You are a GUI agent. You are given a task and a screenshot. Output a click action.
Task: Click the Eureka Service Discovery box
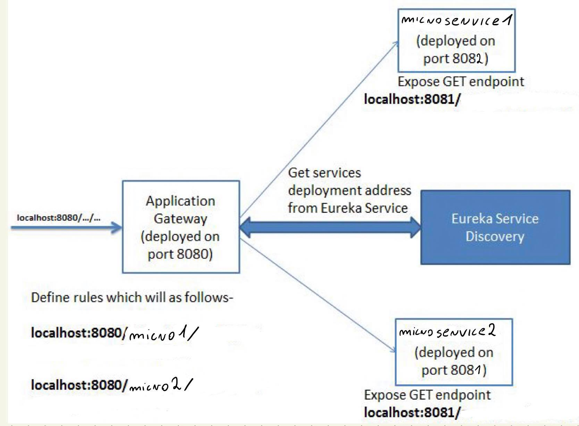[495, 227]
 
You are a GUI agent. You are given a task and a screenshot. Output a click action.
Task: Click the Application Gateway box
[181, 227]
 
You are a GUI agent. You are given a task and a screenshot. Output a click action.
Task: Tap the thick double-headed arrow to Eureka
[330, 228]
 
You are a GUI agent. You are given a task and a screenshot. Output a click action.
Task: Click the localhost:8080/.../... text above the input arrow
[59, 218]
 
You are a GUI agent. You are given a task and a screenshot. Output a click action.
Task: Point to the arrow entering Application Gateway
[66, 228]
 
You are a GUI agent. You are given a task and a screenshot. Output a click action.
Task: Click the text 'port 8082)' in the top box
[455, 58]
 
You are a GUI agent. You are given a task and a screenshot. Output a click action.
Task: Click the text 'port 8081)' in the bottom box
[454, 370]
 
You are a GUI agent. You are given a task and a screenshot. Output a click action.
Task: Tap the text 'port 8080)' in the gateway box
[180, 254]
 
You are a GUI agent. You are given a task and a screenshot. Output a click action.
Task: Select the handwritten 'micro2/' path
[160, 386]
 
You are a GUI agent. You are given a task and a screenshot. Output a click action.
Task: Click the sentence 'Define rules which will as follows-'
[132, 298]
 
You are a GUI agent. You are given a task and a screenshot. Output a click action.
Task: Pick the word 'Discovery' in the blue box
[495, 236]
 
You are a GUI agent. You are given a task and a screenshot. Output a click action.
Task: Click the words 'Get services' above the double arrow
[325, 173]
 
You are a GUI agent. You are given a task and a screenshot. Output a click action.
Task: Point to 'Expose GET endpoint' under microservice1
[461, 82]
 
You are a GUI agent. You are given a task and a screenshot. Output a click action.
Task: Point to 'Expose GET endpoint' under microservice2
[427, 395]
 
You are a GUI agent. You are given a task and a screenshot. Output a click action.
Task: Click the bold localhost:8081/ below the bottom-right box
[412, 412]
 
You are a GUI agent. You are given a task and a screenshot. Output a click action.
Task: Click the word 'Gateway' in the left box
[181, 219]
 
